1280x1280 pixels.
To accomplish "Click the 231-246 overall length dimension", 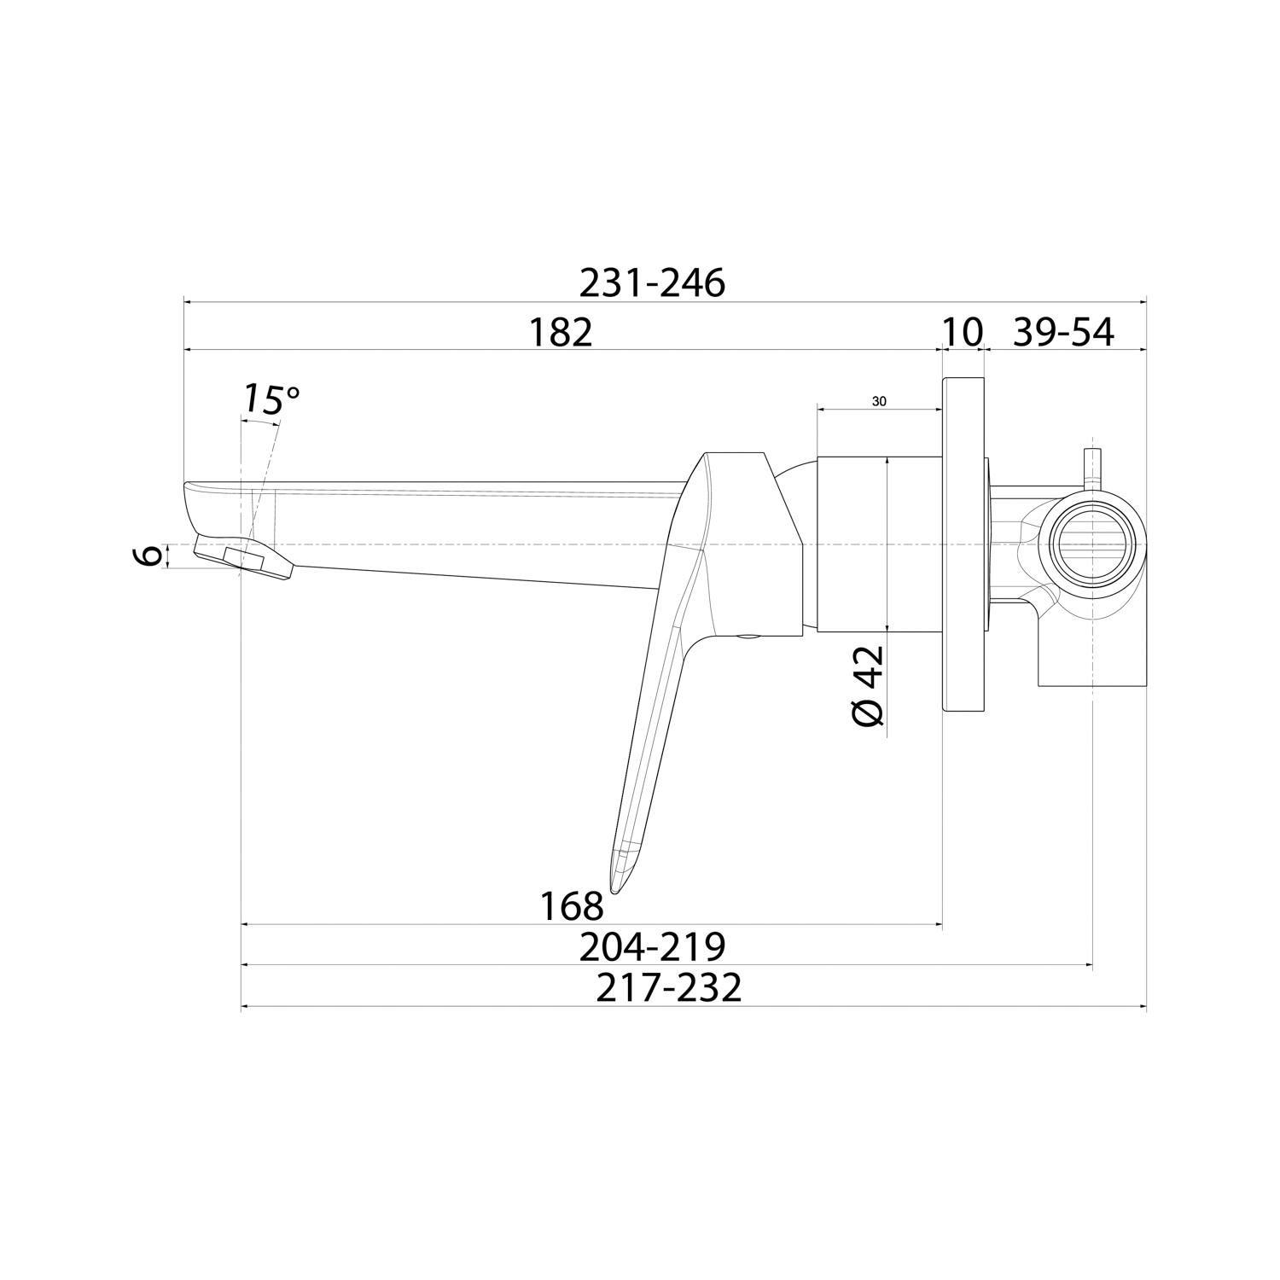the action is (652, 282).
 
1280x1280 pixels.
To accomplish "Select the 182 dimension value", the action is (561, 332).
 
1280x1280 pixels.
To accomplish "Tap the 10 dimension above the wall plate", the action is (963, 332).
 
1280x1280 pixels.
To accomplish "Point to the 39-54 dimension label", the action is (1063, 332).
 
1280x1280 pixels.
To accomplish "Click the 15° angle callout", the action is (272, 399).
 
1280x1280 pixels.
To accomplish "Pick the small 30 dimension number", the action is (879, 400).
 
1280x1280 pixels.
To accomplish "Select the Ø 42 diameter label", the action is (869, 686).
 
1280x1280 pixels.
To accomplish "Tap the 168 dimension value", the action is (572, 905).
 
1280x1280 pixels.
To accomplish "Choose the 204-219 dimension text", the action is (652, 946).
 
